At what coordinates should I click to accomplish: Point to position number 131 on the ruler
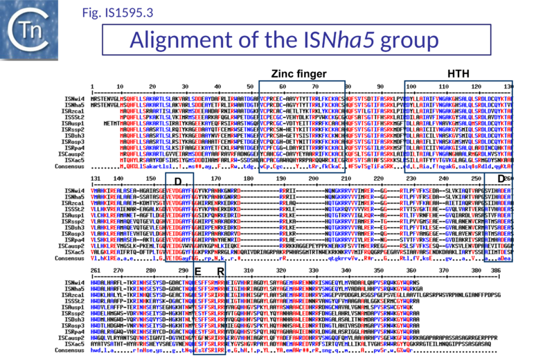(96, 177)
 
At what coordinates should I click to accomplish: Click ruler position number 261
(96, 269)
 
